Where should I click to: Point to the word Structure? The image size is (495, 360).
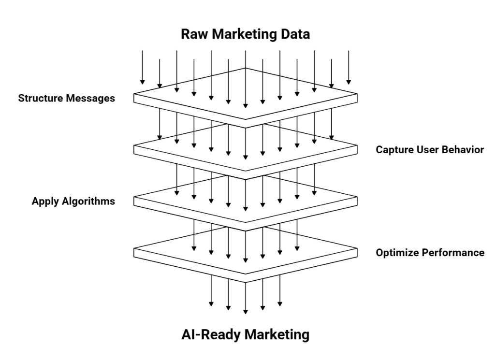[x=40, y=98]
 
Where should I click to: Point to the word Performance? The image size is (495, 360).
[x=456, y=252]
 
